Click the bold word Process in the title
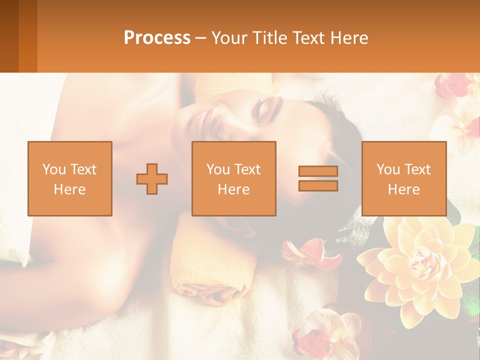pos(157,38)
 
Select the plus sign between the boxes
pos(152,179)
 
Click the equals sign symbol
pos(318,178)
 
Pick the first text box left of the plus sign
pos(70,178)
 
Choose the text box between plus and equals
pos(233,178)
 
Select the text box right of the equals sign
pos(403,178)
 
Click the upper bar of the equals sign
pos(318,171)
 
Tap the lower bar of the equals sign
pos(318,185)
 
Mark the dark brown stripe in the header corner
pos(9,36)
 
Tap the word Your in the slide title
pos(228,38)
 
